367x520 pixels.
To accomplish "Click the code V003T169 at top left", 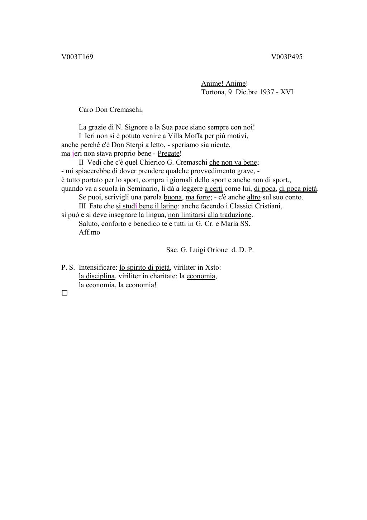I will (77, 57).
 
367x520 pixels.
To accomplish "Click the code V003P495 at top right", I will (287, 57).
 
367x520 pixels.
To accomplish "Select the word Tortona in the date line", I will (213, 92).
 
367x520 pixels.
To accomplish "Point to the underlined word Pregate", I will (168, 153).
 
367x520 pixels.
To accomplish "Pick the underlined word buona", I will (173, 197).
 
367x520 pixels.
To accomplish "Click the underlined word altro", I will (254, 197).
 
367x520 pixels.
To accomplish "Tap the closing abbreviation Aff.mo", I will (90, 232).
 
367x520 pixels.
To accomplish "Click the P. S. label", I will (68, 268).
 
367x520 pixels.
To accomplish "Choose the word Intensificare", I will (98, 268).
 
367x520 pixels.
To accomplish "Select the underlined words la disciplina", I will (97, 276).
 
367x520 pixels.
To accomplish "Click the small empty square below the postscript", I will (65, 293).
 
